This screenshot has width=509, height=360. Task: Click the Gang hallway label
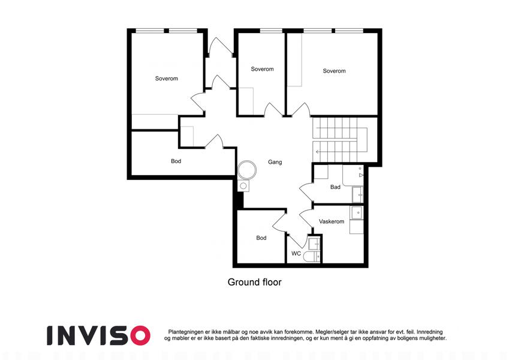[x=275, y=162]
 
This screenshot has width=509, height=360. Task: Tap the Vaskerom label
[x=332, y=221]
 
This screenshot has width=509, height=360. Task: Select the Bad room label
[x=335, y=187]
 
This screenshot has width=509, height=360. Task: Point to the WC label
[x=296, y=253]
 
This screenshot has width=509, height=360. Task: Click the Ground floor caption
[x=254, y=282]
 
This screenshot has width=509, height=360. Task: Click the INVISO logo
[x=99, y=335]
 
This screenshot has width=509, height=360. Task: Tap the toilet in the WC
[x=312, y=257]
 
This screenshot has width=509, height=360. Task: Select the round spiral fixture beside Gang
[x=247, y=170]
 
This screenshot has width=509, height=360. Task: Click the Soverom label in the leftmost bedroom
[x=167, y=79]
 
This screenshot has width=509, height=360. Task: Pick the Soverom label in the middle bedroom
[x=262, y=69]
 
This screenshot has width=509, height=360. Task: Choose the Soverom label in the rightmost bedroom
[x=334, y=71]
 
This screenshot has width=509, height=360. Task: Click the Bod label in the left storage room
[x=176, y=161]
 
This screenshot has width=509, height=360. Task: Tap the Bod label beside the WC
[x=261, y=238]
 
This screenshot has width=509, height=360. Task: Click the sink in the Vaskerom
[x=357, y=212]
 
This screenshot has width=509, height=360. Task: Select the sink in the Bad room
[x=358, y=194]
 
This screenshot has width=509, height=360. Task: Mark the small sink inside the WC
[x=314, y=244]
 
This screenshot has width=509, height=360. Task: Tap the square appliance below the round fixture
[x=243, y=186]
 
